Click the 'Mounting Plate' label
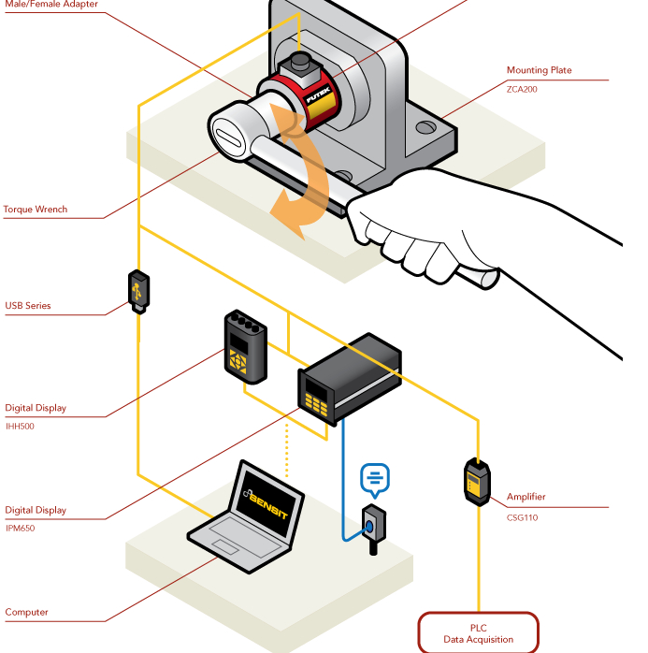[539, 70]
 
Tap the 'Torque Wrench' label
[36, 210]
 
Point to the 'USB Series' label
[28, 306]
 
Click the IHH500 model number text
[20, 426]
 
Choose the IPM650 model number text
[21, 528]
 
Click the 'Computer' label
[26, 613]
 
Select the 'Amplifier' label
[526, 497]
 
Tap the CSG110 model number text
[522, 516]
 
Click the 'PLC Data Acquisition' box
[478, 633]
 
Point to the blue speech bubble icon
[375, 479]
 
